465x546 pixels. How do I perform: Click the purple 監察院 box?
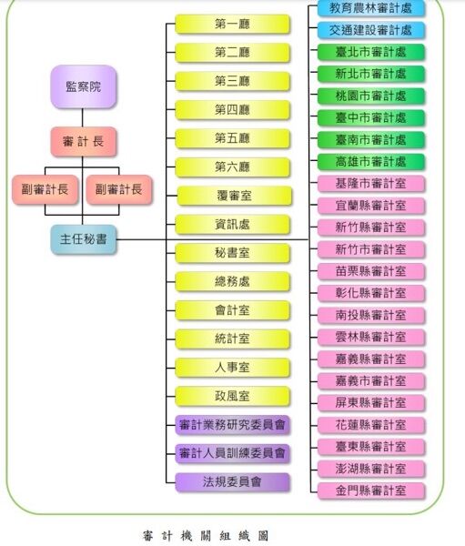[x=83, y=86]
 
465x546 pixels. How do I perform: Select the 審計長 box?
[x=83, y=141]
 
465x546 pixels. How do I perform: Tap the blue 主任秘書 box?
[x=83, y=239]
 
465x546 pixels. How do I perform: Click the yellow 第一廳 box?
[x=232, y=24]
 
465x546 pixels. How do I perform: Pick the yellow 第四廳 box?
[x=232, y=110]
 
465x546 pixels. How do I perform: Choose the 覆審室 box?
[x=234, y=196]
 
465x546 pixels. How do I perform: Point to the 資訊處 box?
[x=232, y=224]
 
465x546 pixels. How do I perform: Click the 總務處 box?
[x=232, y=281]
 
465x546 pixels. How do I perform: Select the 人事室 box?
[x=232, y=368]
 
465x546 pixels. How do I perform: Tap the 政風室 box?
[x=232, y=396]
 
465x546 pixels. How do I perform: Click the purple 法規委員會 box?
[x=232, y=482]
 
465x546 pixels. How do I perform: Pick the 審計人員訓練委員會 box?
[x=232, y=453]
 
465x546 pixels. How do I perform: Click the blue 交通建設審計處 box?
[x=371, y=30]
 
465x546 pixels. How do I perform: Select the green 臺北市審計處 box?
[x=371, y=52]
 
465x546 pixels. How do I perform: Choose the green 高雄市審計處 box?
[x=371, y=162]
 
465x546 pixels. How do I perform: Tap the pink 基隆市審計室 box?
[x=371, y=184]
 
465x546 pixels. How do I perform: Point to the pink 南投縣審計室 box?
[x=371, y=315]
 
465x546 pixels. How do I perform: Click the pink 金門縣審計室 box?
[x=371, y=490]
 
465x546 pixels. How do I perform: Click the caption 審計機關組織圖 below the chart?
[x=206, y=536]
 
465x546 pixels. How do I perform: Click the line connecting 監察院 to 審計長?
[x=83, y=117]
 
